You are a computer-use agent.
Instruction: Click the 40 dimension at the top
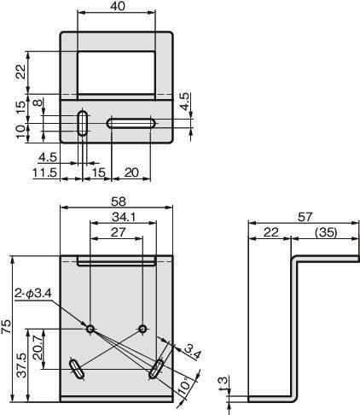pos(117,6)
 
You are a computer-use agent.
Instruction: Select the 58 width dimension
pos(118,202)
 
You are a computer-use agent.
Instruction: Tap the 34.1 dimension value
pos(124,217)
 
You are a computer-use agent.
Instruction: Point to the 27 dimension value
pos(118,232)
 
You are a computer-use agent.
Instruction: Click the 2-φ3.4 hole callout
pos(33,293)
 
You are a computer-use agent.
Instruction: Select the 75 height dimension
pos(6,326)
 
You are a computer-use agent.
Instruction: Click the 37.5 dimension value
pos(21,365)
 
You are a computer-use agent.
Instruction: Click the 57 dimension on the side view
pos(305,217)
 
